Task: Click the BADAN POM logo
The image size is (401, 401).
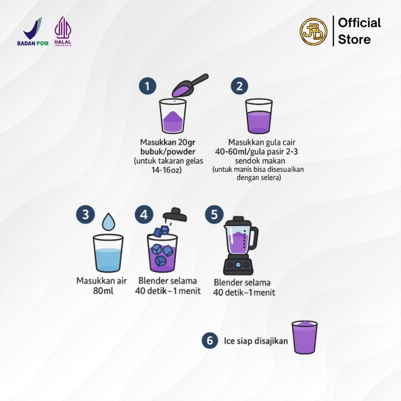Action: coord(33,32)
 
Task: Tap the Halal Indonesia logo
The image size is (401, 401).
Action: coord(63,31)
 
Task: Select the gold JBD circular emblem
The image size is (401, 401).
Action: coord(313,31)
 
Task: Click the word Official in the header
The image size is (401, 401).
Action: coord(359,23)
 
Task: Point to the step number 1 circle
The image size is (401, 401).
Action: coord(148,86)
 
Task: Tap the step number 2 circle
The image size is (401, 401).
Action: coord(239,86)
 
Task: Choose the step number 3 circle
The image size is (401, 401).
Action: coord(85,214)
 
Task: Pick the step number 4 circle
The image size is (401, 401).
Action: coord(144,214)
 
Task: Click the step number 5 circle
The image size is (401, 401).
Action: coord(214,214)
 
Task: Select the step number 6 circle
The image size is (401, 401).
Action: coord(210,340)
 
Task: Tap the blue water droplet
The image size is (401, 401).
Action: coord(108,222)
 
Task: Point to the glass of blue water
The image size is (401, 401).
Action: coord(108,253)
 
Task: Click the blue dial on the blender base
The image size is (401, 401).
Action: coord(238,265)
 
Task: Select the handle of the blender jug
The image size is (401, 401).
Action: coord(254,238)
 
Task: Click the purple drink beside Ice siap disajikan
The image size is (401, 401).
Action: coord(305,337)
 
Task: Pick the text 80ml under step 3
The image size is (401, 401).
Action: coord(103,291)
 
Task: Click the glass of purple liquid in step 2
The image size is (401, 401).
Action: coord(259,116)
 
